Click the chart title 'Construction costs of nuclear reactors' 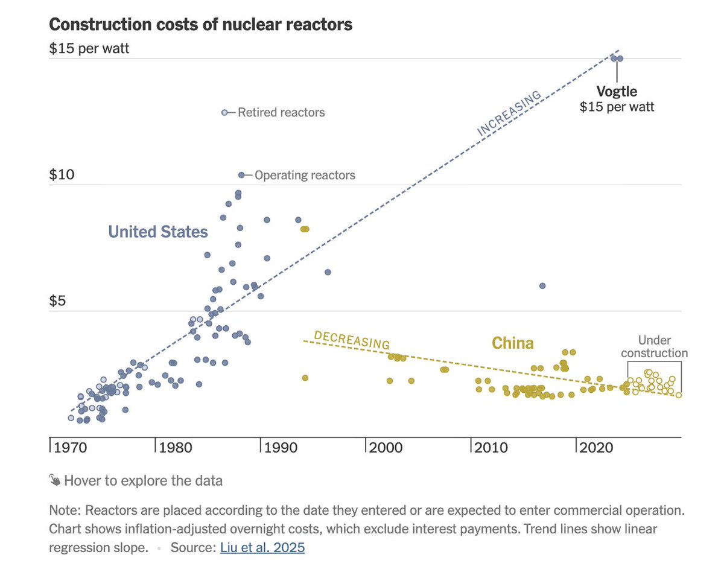point(200,25)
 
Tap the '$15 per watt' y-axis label point(89,48)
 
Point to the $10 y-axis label point(62,174)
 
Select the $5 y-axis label point(57,300)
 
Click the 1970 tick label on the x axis point(71,448)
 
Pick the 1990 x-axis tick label point(281,448)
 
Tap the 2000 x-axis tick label point(386,448)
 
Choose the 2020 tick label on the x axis point(596,448)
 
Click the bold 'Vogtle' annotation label point(617,92)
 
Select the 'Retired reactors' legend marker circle point(224,112)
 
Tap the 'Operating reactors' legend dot point(241,175)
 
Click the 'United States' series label point(158,232)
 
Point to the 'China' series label point(513,343)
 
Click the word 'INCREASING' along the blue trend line point(509,113)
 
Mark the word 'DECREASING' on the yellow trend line point(352,340)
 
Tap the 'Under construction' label point(655,346)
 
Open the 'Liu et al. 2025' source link point(262,547)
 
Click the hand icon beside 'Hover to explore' point(54,480)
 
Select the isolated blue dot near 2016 point(542,286)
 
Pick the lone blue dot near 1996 point(328,272)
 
